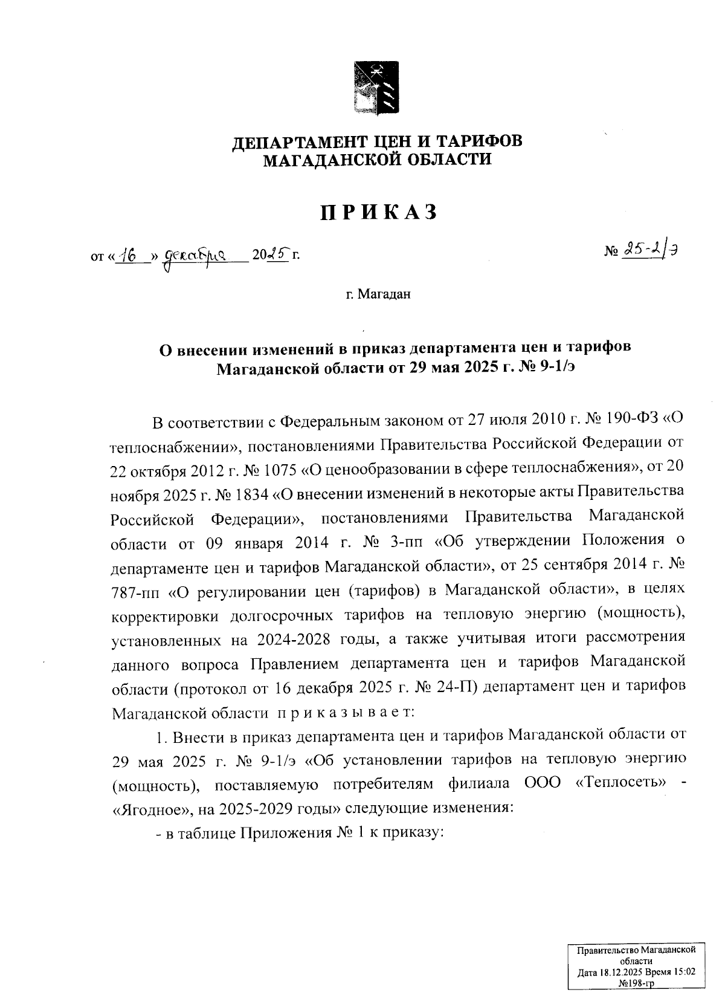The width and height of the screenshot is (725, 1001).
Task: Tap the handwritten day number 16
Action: [127, 256]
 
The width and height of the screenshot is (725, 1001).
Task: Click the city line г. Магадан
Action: [378, 294]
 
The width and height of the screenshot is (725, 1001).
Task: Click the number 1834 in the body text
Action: [248, 494]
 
